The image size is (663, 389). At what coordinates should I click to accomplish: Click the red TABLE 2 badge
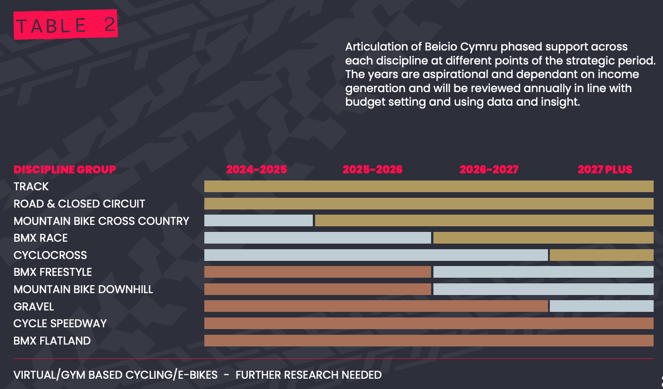pyautogui.click(x=66, y=25)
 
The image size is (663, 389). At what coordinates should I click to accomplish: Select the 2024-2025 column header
pyautogui.click(x=256, y=170)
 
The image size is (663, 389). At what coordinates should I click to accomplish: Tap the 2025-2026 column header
pyautogui.click(x=372, y=170)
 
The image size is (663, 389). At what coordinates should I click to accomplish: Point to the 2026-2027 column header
pyautogui.click(x=489, y=170)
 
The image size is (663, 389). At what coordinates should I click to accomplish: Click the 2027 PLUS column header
pyautogui.click(x=605, y=170)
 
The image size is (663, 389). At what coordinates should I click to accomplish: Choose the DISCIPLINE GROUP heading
pyautogui.click(x=65, y=170)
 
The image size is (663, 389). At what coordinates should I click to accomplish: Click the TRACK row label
pyautogui.click(x=31, y=187)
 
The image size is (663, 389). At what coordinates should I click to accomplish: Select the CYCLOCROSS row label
pyautogui.click(x=50, y=255)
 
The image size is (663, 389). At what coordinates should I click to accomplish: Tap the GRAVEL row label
pyautogui.click(x=34, y=307)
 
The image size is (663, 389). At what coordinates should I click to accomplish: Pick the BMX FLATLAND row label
pyautogui.click(x=52, y=341)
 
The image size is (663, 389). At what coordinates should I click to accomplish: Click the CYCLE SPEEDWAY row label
pyautogui.click(x=60, y=324)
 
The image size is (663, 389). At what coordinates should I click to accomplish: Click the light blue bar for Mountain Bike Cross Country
pyautogui.click(x=259, y=221)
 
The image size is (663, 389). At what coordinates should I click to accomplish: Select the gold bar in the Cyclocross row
pyautogui.click(x=602, y=255)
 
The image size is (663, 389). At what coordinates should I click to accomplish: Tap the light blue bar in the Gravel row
pyautogui.click(x=602, y=306)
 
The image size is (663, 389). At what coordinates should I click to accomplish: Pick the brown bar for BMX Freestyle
pyautogui.click(x=317, y=272)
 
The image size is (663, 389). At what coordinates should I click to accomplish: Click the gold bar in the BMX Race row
pyautogui.click(x=543, y=238)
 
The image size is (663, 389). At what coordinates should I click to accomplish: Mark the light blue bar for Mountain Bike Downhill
pyautogui.click(x=543, y=289)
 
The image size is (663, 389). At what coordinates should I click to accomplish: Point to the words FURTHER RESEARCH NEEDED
pyautogui.click(x=309, y=375)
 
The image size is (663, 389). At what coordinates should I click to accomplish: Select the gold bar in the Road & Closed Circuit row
pyautogui.click(x=429, y=204)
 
